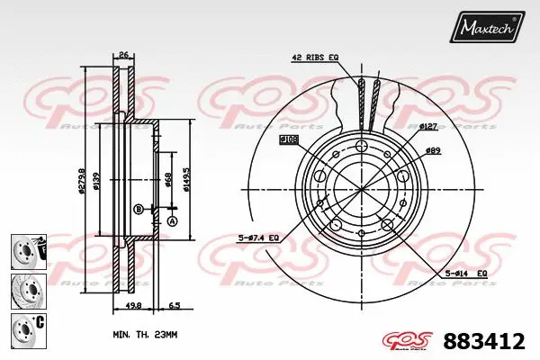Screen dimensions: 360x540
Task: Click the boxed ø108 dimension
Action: pyautogui.click(x=290, y=140)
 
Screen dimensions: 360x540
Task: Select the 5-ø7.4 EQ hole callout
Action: pyautogui.click(x=260, y=238)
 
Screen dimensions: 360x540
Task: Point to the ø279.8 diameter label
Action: pyautogui.click(x=82, y=183)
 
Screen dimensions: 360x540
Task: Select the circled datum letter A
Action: pyautogui.click(x=172, y=220)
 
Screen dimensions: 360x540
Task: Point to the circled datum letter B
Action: pyautogui.click(x=138, y=210)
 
